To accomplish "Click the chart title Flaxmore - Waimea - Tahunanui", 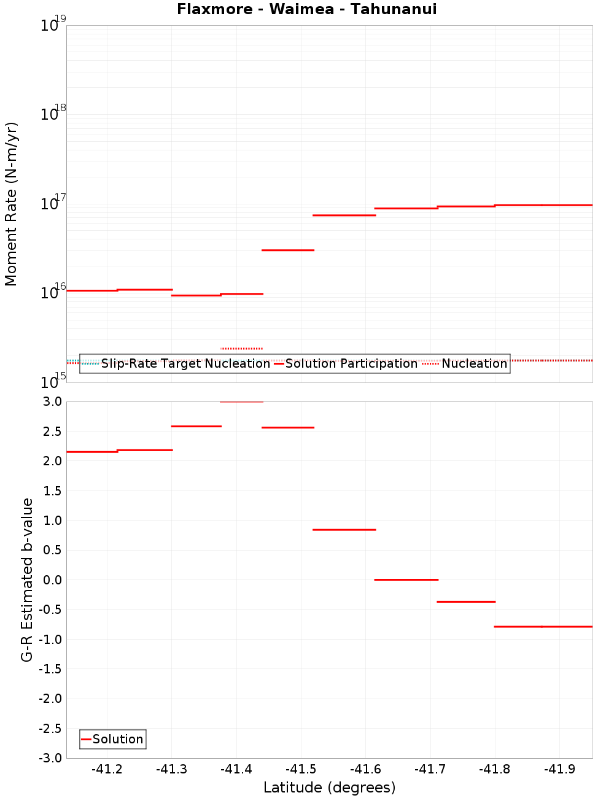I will click(x=306, y=9).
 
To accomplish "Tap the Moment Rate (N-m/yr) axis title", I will click(x=11, y=204).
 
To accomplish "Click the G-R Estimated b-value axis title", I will click(x=27, y=579).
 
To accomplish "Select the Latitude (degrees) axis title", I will click(x=329, y=788).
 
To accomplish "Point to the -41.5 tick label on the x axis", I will click(x=301, y=769).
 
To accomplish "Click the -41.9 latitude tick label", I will click(x=559, y=769).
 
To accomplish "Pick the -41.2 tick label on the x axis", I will click(x=107, y=769).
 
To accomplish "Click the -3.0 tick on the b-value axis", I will click(x=50, y=758).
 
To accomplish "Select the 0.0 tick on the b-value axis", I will click(x=53, y=579).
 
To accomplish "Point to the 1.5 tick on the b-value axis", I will click(x=53, y=490).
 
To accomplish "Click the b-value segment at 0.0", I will click(x=406, y=579).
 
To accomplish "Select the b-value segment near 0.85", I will click(x=344, y=530).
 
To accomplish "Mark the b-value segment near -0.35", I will click(x=465, y=602).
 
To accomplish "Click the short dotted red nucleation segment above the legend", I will click(x=241, y=349).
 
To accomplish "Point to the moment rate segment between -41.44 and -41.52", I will click(x=287, y=250).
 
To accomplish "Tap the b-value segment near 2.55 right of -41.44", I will click(x=287, y=427).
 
